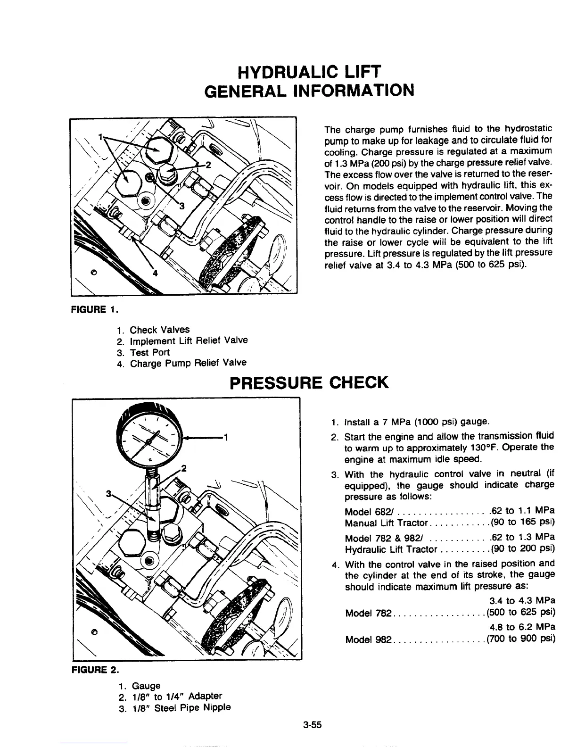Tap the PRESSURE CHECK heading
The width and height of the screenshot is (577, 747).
pyautogui.click(x=309, y=382)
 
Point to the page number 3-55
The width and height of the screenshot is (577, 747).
pyautogui.click(x=312, y=725)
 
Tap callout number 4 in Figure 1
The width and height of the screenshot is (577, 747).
pyautogui.click(x=154, y=274)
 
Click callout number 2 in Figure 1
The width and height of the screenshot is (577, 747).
pyautogui.click(x=208, y=165)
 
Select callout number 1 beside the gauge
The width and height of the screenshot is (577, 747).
pyautogui.click(x=225, y=436)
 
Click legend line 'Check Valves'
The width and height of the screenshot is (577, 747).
pyautogui.click(x=159, y=330)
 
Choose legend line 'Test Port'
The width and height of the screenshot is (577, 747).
pyautogui.click(x=149, y=352)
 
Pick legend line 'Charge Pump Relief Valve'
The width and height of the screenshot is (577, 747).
pyautogui.click(x=188, y=363)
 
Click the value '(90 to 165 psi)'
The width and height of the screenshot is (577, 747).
pyautogui.click(x=522, y=522)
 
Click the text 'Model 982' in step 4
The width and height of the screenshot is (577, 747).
pyautogui.click(x=368, y=639)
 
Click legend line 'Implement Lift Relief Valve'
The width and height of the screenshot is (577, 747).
pyautogui.click(x=189, y=340)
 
